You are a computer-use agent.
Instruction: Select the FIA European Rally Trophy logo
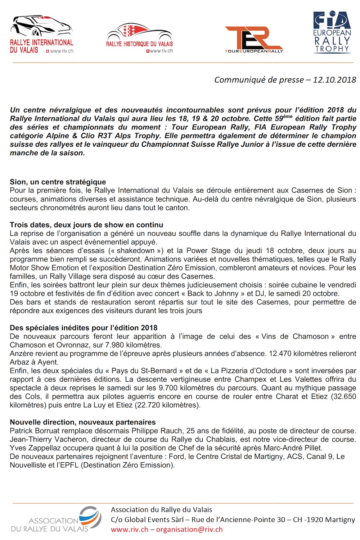coord(332,32)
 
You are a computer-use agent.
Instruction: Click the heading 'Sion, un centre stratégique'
coord(58,182)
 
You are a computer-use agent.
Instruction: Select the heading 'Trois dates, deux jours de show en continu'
coord(86,225)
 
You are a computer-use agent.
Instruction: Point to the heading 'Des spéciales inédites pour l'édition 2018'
coord(84,328)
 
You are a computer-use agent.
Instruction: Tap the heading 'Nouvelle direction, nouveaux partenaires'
coord(83,422)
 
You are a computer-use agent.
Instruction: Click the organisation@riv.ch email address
coord(189,530)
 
